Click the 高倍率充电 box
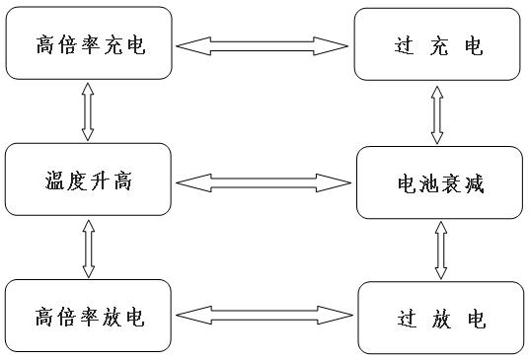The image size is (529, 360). click(x=90, y=45)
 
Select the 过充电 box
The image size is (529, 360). click(x=436, y=45)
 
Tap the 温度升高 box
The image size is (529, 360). click(x=90, y=180)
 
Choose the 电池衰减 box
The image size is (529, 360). click(x=438, y=182)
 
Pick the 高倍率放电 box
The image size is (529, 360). click(x=90, y=317)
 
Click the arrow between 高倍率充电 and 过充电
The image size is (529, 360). click(x=264, y=45)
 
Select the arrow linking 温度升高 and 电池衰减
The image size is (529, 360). click(x=264, y=181)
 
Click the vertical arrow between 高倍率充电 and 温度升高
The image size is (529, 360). click(x=87, y=111)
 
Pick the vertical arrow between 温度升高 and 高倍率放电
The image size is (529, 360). click(x=87, y=249)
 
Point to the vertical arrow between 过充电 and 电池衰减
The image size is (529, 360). click(x=435, y=113)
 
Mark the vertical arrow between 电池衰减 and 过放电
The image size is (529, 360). click(x=438, y=250)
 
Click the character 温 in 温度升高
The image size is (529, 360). click(x=57, y=181)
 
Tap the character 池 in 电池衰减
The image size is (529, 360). click(x=427, y=183)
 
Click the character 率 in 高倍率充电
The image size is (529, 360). click(x=90, y=45)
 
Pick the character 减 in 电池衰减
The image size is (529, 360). click(x=474, y=183)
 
